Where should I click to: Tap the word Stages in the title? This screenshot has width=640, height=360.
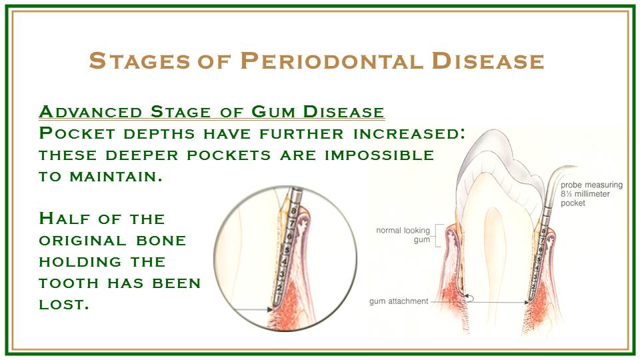[x=139, y=61]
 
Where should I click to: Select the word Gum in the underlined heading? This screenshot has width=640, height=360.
[x=273, y=112]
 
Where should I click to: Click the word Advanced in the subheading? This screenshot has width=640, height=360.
[x=91, y=112]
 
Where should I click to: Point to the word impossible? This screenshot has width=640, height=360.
[x=379, y=155]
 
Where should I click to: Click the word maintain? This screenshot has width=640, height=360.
[x=116, y=176]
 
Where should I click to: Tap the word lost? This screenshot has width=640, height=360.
[x=64, y=304]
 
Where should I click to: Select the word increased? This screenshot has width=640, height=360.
[x=409, y=134]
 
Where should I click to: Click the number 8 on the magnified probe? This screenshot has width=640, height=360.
[x=294, y=211]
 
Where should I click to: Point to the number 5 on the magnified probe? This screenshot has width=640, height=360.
[x=287, y=249]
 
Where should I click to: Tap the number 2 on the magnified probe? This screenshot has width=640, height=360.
[x=279, y=289]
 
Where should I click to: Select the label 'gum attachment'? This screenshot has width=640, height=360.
[x=399, y=301]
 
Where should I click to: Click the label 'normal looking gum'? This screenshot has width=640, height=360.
[x=403, y=235]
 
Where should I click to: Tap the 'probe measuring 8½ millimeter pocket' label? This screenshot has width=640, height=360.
[x=591, y=194]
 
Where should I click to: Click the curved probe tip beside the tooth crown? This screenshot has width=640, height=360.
[x=560, y=176]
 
